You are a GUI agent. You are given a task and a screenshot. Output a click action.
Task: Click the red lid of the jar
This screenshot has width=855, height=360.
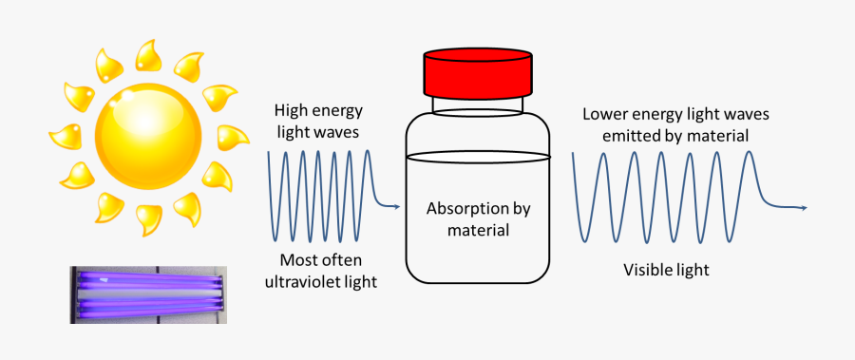click(475, 71)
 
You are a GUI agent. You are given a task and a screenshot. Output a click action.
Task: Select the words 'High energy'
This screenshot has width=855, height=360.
click(317, 110)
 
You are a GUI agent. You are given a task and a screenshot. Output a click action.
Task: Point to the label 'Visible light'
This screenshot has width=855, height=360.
click(666, 271)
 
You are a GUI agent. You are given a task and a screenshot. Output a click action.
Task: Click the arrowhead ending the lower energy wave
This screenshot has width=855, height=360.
click(805, 207)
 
